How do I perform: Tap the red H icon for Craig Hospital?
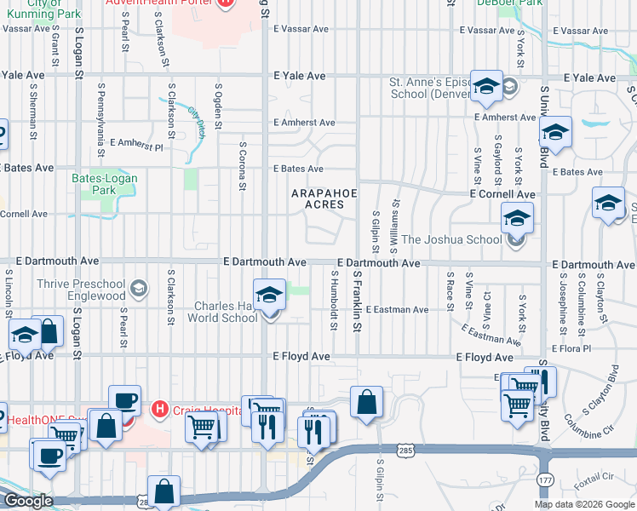point(158,410)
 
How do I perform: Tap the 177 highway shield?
point(544,480)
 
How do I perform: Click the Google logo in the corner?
point(27,501)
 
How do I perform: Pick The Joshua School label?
point(451,239)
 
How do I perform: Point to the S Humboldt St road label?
point(333,301)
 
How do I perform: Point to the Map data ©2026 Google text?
point(583,504)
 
